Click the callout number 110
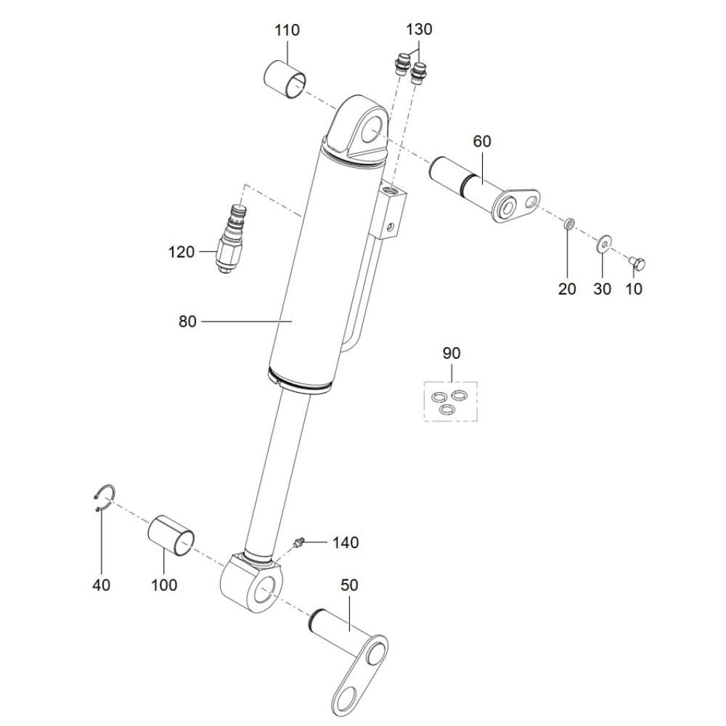click(287, 30)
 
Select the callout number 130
click(419, 30)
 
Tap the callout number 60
click(481, 142)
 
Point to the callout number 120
click(181, 253)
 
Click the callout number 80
click(187, 322)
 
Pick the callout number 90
click(452, 354)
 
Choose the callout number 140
click(346, 542)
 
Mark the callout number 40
click(102, 584)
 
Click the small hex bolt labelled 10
click(637, 264)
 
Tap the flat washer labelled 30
click(603, 243)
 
